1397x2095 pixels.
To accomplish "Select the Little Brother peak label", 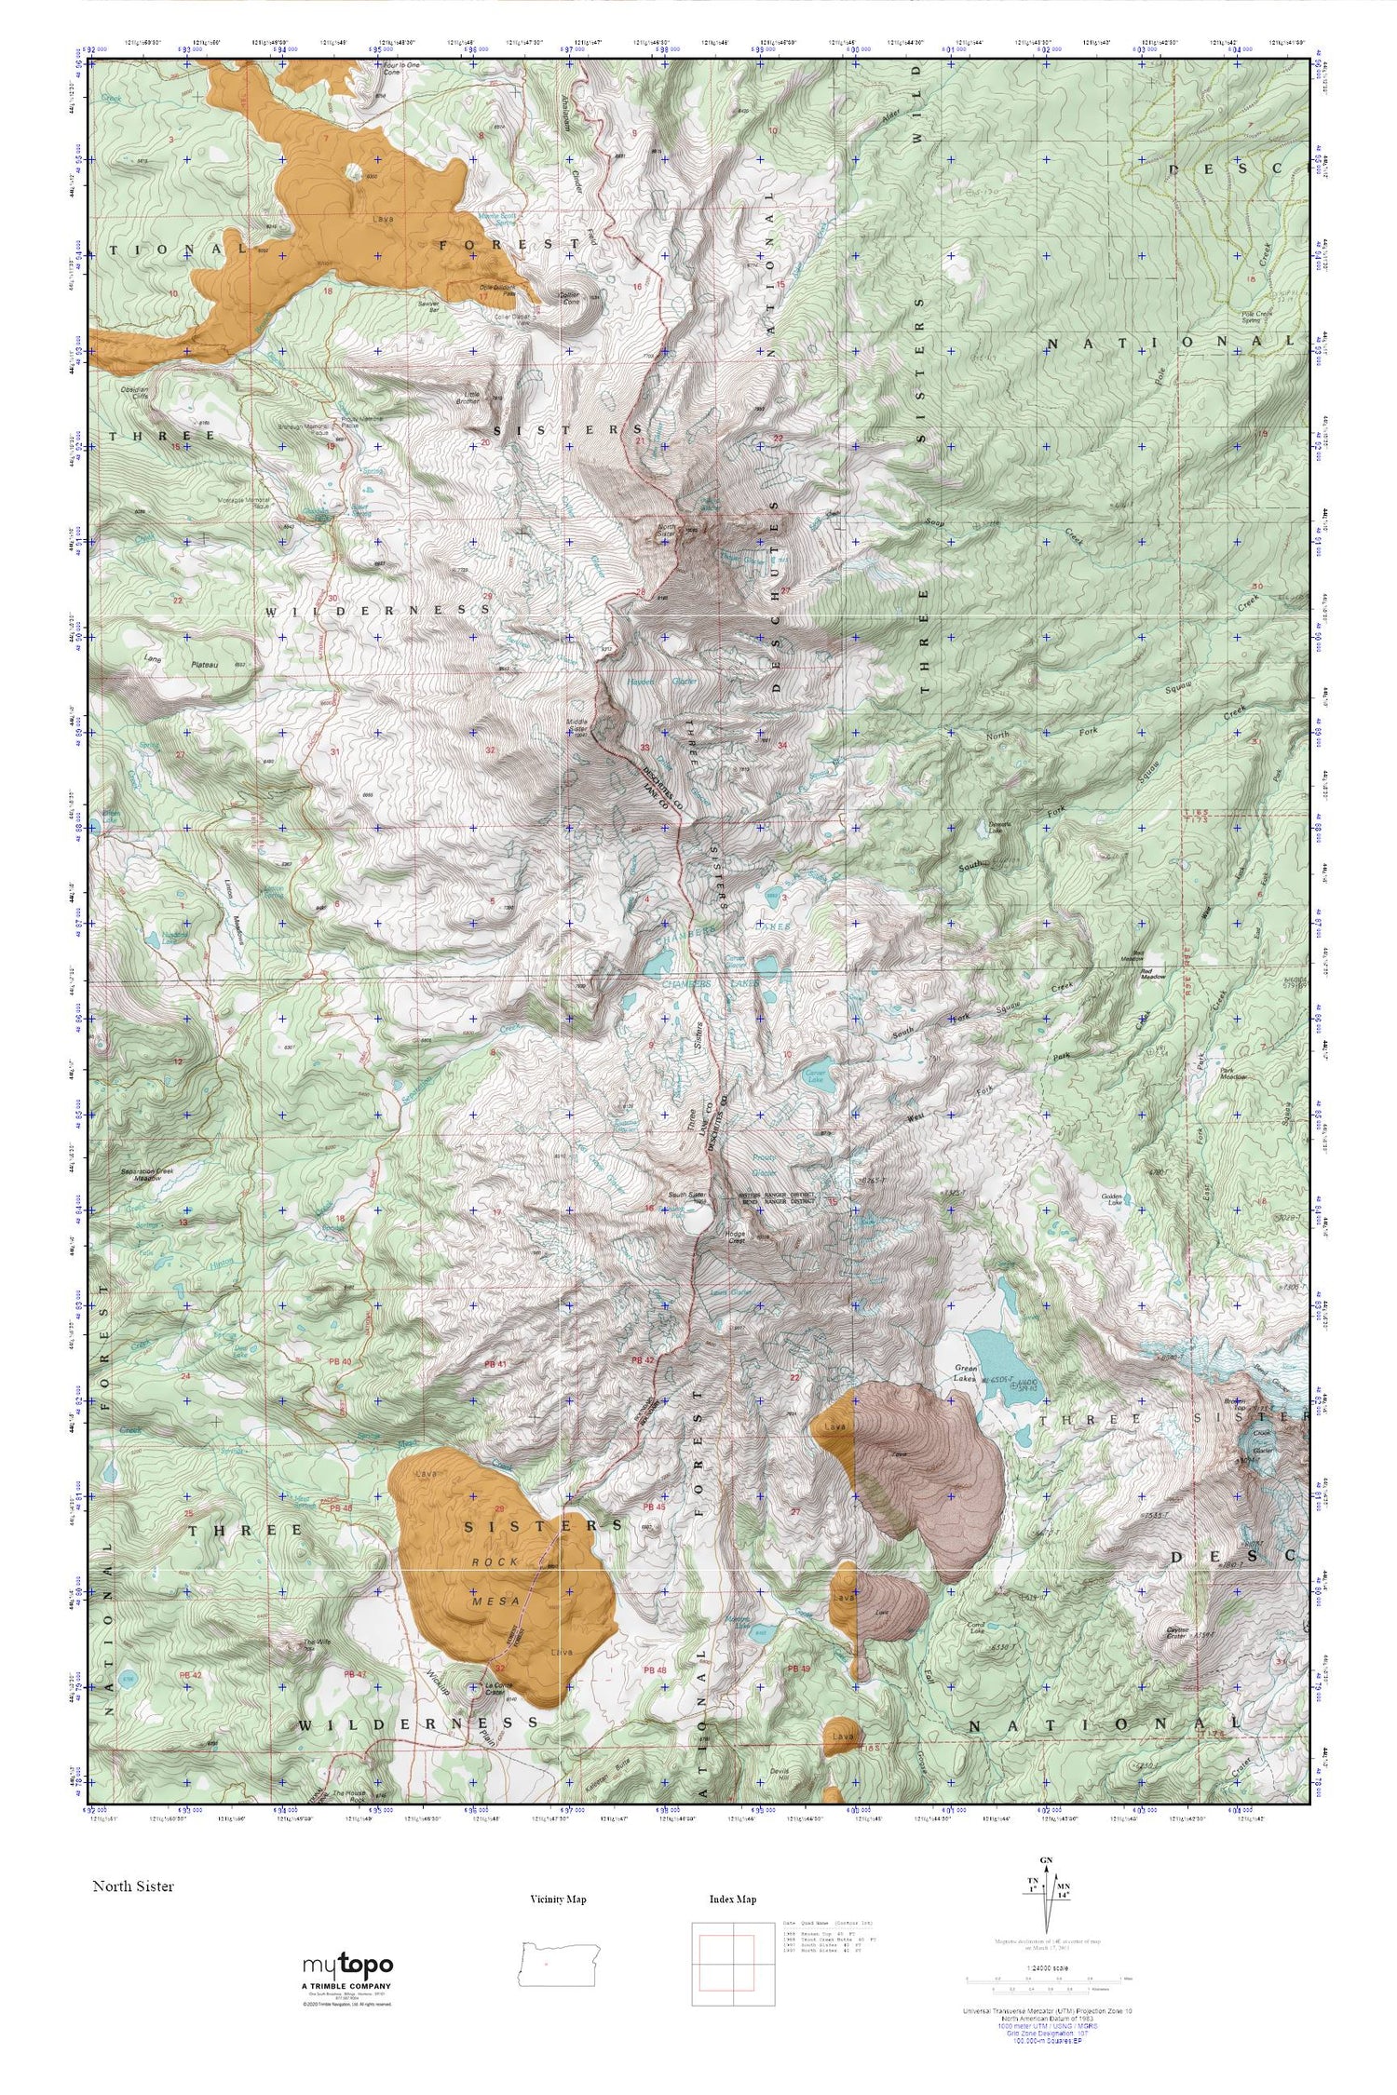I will point(469,399).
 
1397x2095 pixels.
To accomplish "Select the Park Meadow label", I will point(1234,1074).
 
